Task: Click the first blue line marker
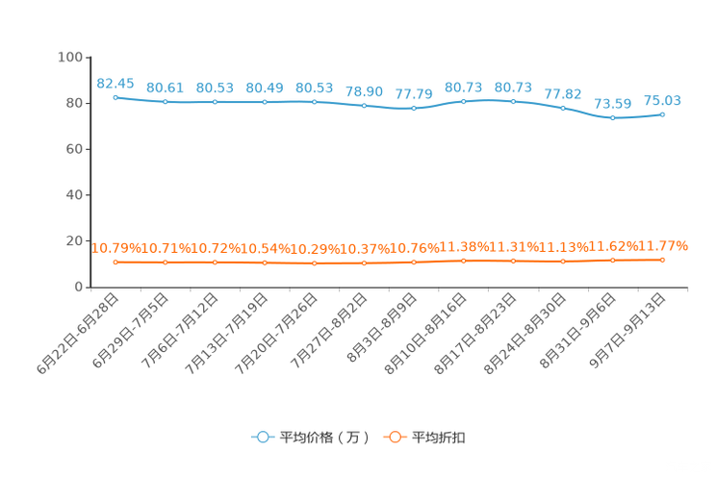(x=115, y=97)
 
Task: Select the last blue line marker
(x=663, y=113)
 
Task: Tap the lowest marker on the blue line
(x=613, y=117)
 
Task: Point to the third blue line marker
(x=215, y=101)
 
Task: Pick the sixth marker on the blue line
(x=364, y=104)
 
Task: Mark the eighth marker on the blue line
(x=463, y=100)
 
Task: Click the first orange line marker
(x=115, y=263)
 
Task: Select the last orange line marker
(x=663, y=260)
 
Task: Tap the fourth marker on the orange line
(x=265, y=263)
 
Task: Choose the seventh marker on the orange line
(x=414, y=262)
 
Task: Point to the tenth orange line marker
(x=563, y=262)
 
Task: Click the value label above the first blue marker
(x=115, y=83)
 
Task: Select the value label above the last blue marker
(x=663, y=99)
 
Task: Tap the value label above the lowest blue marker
(x=613, y=103)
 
